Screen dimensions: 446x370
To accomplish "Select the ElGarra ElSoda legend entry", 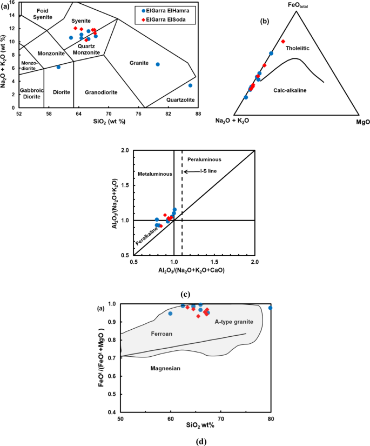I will [159, 17].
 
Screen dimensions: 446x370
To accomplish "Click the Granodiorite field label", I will [102, 92].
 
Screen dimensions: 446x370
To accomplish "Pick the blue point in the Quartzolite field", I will [190, 85].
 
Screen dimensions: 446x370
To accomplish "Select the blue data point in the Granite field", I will [158, 64].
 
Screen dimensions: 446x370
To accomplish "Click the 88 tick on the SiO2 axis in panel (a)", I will [198, 114].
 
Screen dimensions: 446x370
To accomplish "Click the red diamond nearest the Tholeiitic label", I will [282, 42].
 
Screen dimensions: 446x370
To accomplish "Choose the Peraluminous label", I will [204, 159].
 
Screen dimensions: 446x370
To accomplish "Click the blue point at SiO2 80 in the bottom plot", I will [271, 308].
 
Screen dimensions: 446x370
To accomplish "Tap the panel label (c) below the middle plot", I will [185, 295].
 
